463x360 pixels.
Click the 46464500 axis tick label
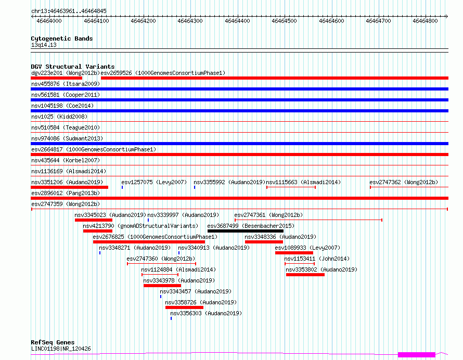coord(284,21)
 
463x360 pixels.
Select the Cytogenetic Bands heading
coord(62,38)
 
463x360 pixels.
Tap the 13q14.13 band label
coord(44,45)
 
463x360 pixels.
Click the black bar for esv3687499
coord(246,231)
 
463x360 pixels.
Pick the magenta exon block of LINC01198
coord(417,354)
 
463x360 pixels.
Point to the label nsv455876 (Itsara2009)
coord(66,84)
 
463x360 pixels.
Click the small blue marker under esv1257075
coord(122,187)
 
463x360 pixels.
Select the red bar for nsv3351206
coord(69,187)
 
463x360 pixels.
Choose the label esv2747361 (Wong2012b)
coord(268,215)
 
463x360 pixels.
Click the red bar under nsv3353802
coord(305,275)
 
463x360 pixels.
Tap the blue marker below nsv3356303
coord(171,318)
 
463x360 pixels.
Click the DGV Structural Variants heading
coord(73,67)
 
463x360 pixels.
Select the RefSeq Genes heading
coord(53,342)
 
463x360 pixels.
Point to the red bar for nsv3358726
coord(184,307)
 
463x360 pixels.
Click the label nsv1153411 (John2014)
coord(317,259)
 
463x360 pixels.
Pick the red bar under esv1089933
coord(294,253)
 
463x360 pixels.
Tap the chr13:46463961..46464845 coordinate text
coord(69,11)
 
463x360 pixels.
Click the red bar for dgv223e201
coord(56,78)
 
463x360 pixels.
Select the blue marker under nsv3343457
coord(161,297)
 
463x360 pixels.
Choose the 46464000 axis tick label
coord(49,21)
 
